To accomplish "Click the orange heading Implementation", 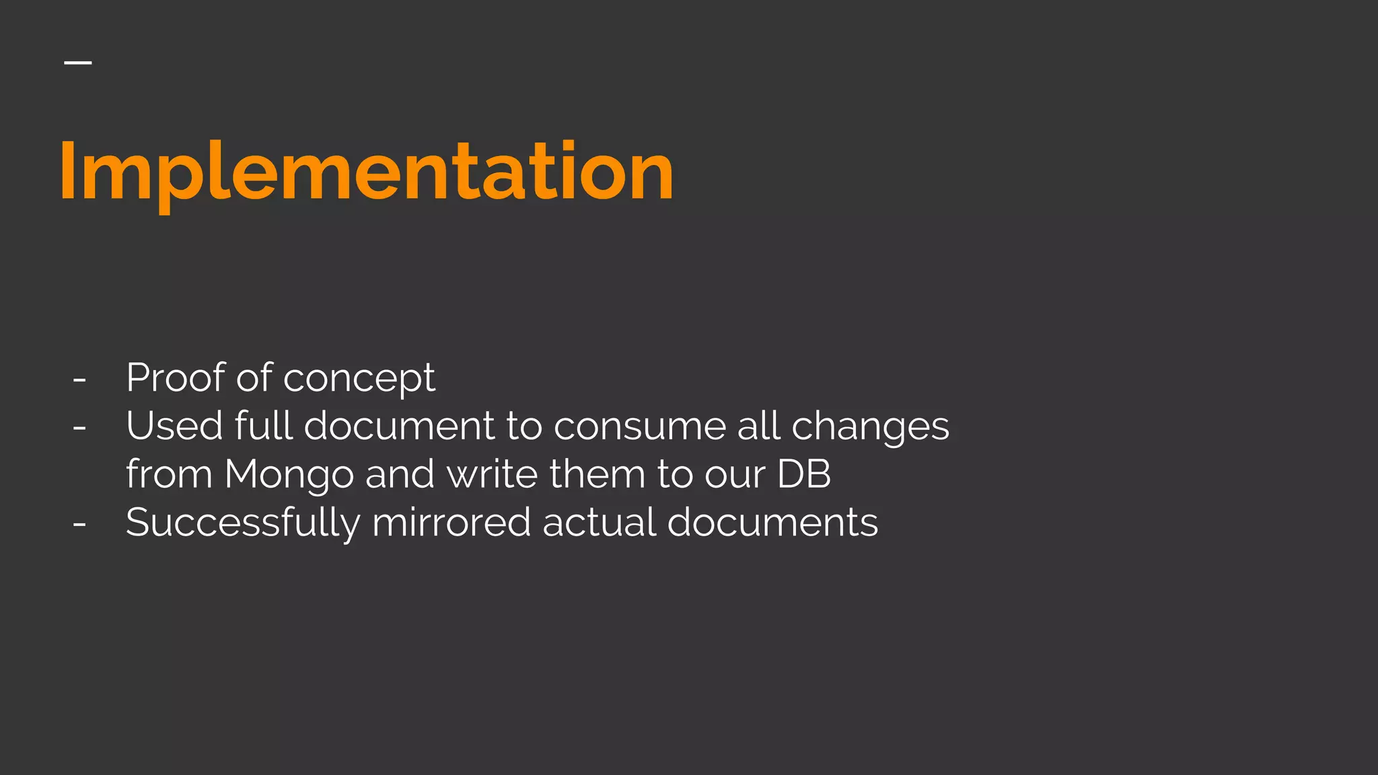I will coord(367,172).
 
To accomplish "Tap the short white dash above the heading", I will coord(78,63).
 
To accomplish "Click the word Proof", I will coord(175,377).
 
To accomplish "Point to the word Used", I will coord(174,426).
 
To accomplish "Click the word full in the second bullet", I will coord(263,426).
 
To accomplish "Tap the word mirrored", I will coord(451,523).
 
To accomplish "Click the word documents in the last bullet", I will coord(772,523).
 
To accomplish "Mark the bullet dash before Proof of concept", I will coord(79,380).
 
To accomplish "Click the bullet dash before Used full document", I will coord(79,429).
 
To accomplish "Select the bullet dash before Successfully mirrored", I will coord(79,525).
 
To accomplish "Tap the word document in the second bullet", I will coord(400,426).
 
